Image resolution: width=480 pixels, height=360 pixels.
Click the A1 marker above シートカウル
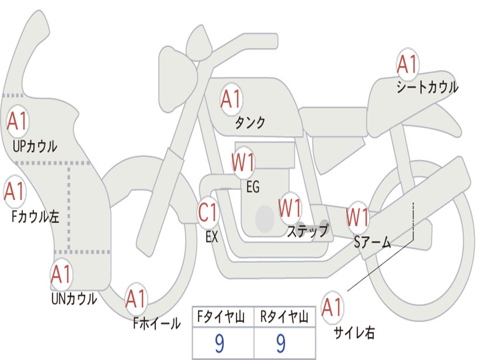click(407, 64)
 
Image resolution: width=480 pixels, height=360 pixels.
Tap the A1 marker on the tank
click(231, 99)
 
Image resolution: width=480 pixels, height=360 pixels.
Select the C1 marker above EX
click(208, 212)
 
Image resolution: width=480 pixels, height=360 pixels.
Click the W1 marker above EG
click(243, 162)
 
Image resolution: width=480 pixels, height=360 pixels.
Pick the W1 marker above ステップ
click(290, 208)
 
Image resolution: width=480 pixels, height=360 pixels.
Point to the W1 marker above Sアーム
click(357, 217)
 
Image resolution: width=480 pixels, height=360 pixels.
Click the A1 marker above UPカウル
click(18, 121)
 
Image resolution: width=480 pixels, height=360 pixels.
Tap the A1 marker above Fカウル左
click(15, 191)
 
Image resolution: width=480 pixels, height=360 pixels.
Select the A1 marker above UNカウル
click(61, 274)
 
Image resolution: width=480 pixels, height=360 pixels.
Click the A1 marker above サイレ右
click(332, 307)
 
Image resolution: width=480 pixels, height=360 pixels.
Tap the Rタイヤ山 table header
click(284, 316)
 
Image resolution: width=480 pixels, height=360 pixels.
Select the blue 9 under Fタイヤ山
click(219, 343)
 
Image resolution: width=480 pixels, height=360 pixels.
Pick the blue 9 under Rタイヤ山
click(281, 343)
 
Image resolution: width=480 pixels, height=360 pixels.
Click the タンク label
click(250, 122)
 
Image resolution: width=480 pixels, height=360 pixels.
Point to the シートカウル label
click(427, 87)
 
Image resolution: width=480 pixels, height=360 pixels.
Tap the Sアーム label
click(373, 242)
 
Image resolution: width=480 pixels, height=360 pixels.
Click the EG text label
click(253, 187)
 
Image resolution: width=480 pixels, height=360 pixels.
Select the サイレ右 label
click(354, 333)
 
